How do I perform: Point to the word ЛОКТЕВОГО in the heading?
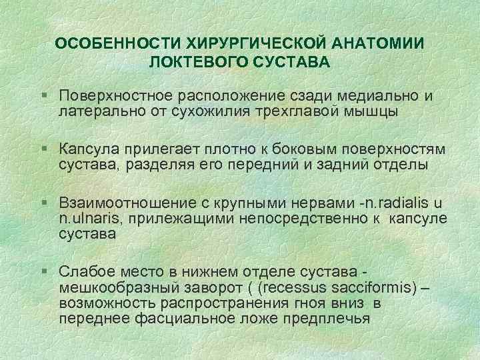[202, 63]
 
